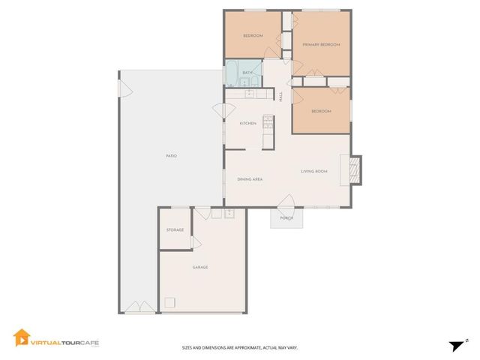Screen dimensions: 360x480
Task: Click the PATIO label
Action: (x=171, y=155)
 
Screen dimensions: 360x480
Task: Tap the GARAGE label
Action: (x=199, y=267)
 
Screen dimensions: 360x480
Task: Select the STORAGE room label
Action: (x=175, y=230)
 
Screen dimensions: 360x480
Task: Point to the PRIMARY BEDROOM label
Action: (x=321, y=45)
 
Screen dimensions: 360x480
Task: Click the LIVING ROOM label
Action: (x=314, y=172)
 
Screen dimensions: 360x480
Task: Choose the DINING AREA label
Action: (x=249, y=179)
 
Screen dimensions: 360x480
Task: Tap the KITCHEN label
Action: (x=247, y=123)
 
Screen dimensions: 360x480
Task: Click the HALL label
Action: (x=281, y=96)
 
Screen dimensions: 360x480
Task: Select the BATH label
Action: (x=246, y=73)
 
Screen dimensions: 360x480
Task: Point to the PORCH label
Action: (x=286, y=218)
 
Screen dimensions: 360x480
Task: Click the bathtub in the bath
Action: (x=232, y=74)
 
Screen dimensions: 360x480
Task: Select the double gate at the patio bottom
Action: (x=136, y=307)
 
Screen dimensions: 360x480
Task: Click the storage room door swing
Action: (x=196, y=242)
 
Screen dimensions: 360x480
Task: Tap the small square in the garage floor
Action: (x=170, y=302)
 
